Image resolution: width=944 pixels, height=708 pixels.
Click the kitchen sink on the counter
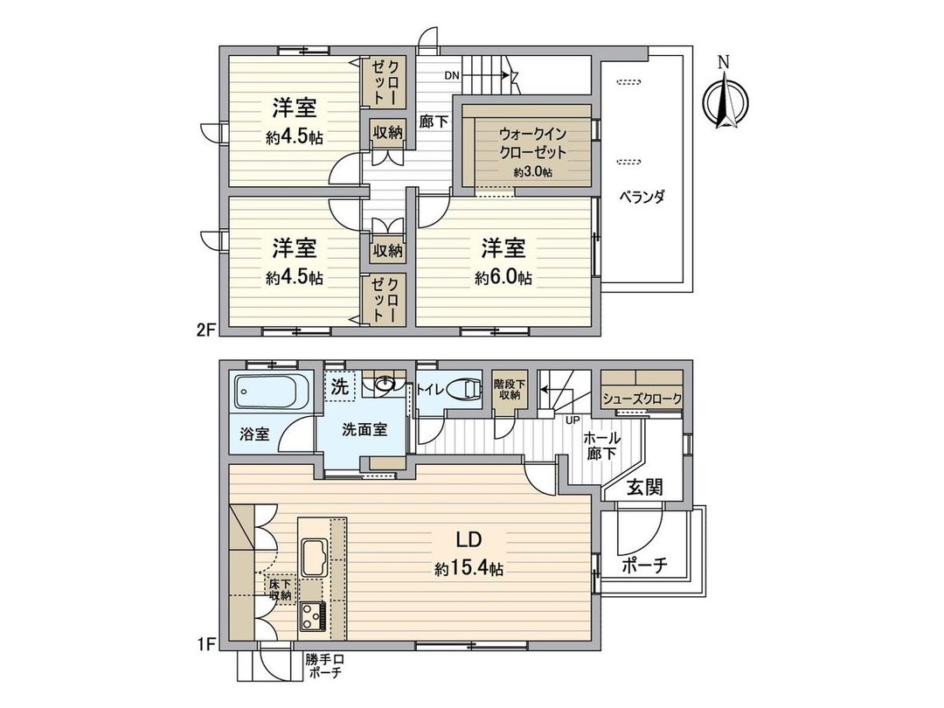(315, 553)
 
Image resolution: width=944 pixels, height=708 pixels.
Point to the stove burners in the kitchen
(313, 614)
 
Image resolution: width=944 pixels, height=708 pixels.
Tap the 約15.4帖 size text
(469, 569)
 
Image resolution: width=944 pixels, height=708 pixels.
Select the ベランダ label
(645, 197)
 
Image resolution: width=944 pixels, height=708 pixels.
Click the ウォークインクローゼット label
(532, 142)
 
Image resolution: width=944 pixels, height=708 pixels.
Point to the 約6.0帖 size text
(503, 278)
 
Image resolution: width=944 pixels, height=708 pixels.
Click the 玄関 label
(644, 487)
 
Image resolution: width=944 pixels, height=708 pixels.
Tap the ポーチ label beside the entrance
(645, 566)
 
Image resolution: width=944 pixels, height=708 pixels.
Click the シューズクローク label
(642, 399)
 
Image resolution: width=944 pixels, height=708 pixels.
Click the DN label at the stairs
(451, 76)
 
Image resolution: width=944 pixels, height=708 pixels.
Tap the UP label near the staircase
(574, 420)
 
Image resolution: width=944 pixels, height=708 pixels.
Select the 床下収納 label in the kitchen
(280, 589)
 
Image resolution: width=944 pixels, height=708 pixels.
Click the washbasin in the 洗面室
(384, 384)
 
